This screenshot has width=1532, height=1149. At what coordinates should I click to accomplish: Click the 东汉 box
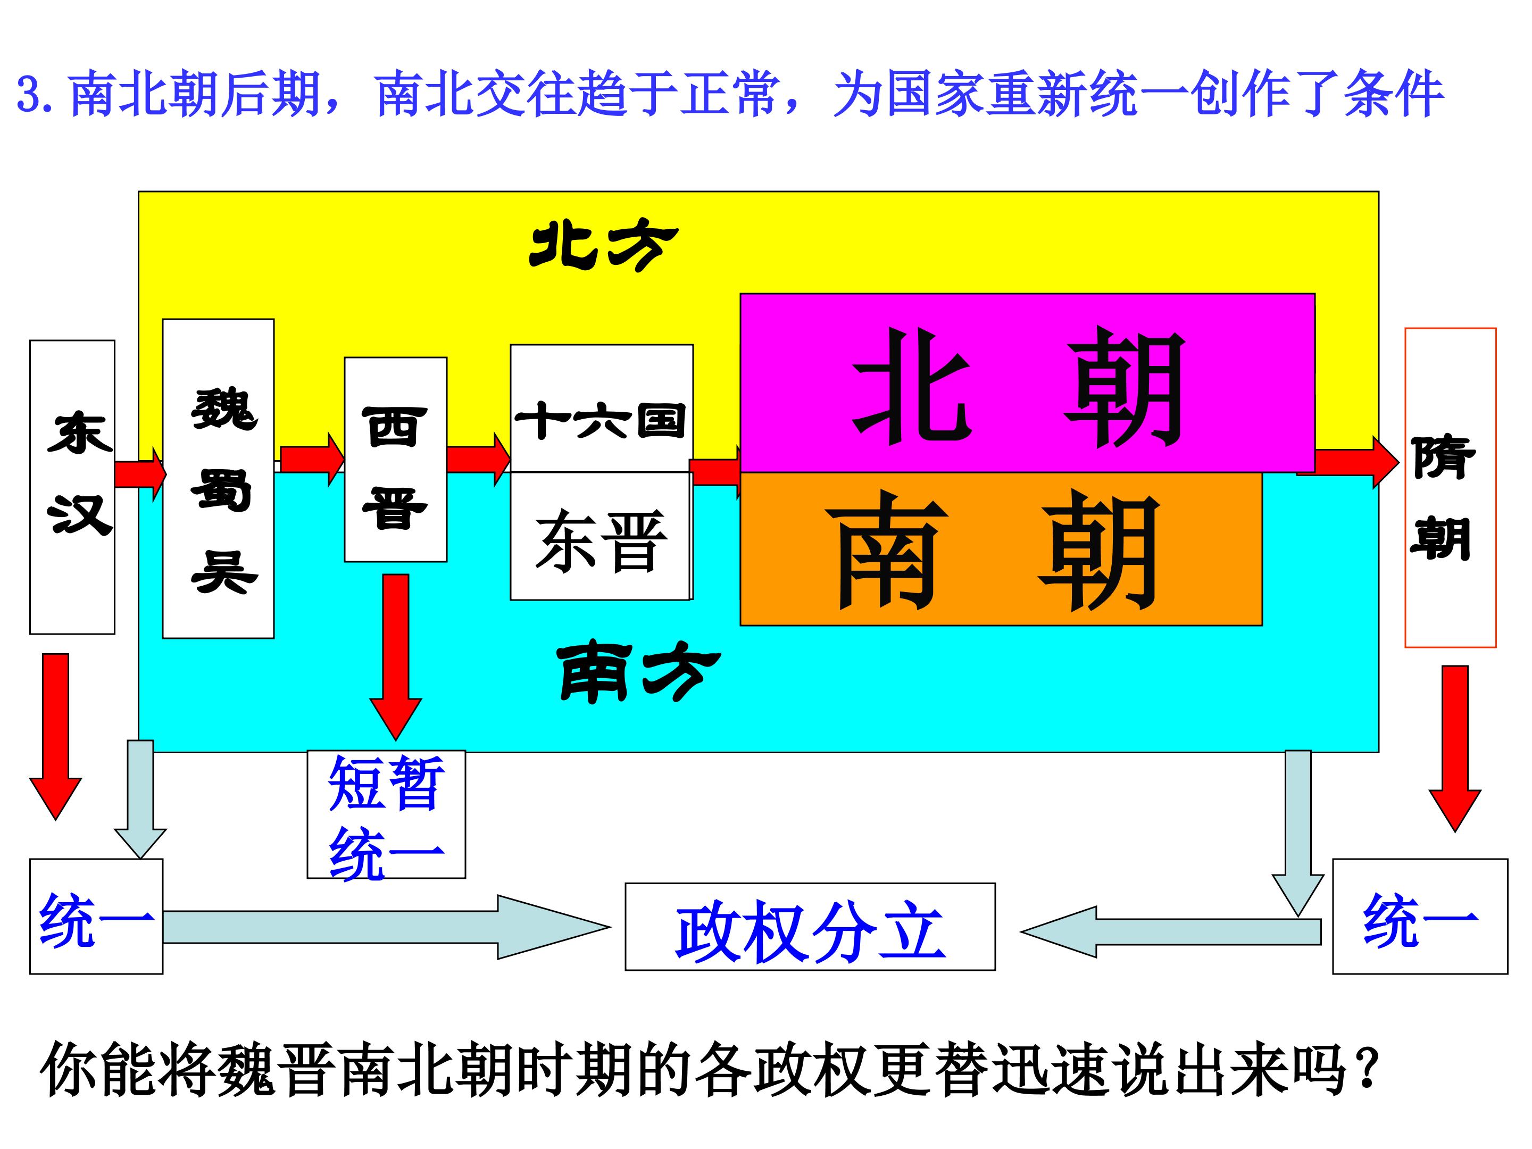(x=72, y=487)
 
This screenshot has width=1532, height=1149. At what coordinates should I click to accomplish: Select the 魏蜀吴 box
(x=218, y=479)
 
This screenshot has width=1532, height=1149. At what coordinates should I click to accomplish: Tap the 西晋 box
(x=395, y=459)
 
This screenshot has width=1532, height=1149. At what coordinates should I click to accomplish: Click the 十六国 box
(x=602, y=408)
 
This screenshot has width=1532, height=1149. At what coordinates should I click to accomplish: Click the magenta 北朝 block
(x=1028, y=383)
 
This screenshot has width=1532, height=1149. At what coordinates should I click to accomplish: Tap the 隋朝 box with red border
(x=1450, y=488)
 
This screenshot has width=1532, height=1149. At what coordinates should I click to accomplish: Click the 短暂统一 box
(x=387, y=814)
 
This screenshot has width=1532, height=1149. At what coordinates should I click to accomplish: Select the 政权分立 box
(x=810, y=927)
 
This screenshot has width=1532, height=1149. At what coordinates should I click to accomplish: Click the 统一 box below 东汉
(x=96, y=917)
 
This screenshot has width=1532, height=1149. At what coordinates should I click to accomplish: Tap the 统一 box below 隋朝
(x=1420, y=917)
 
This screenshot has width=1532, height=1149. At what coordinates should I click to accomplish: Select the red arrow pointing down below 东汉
(x=55, y=737)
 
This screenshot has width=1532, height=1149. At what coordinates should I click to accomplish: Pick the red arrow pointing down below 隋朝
(x=1455, y=748)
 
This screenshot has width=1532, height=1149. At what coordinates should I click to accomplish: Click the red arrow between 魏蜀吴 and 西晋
(x=312, y=459)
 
